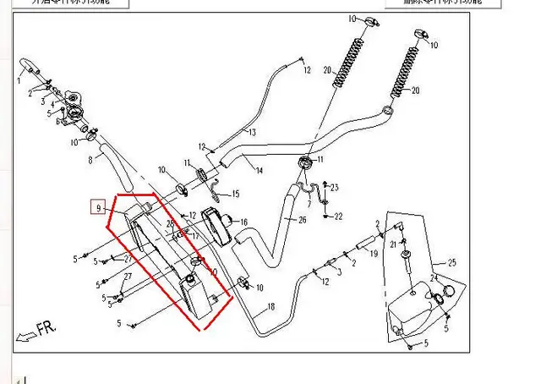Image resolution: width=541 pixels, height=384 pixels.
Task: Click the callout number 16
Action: point(243,222)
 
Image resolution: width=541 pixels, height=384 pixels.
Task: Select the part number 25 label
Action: point(451,261)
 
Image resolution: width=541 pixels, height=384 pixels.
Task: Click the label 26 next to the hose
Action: point(303,221)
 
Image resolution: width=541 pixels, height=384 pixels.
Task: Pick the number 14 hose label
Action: point(259,171)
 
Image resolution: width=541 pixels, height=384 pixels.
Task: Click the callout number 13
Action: point(251,133)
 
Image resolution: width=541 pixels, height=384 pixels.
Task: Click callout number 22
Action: point(338,217)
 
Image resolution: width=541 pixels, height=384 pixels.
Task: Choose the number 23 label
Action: point(335,187)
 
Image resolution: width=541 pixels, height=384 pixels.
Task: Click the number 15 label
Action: point(236,194)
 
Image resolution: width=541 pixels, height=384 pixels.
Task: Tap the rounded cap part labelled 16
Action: point(217,226)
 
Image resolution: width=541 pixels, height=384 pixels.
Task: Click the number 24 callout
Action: point(434,277)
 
